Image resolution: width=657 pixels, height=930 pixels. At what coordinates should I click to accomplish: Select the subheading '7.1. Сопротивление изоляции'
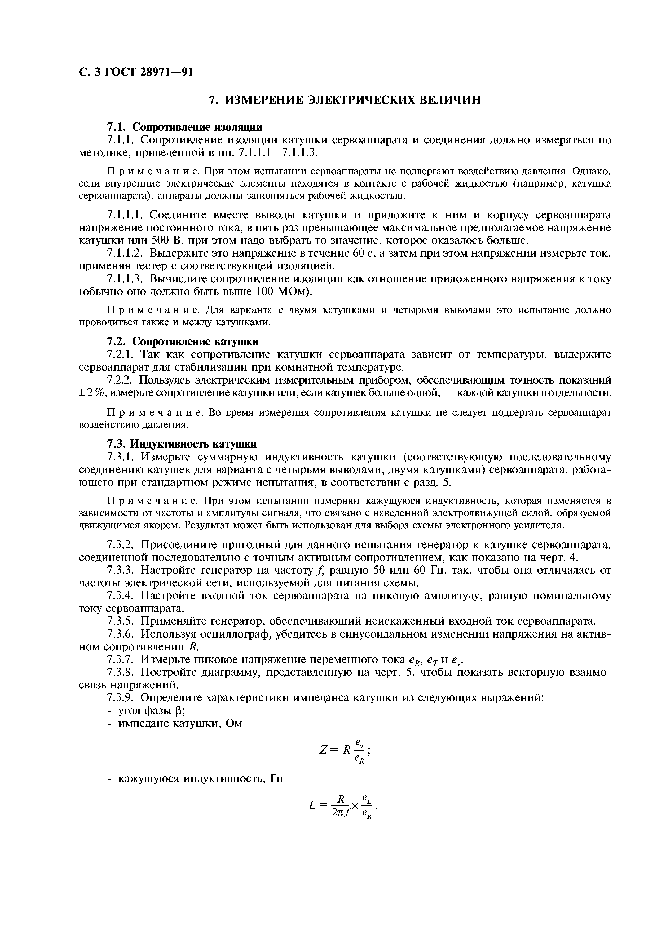click(x=184, y=127)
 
